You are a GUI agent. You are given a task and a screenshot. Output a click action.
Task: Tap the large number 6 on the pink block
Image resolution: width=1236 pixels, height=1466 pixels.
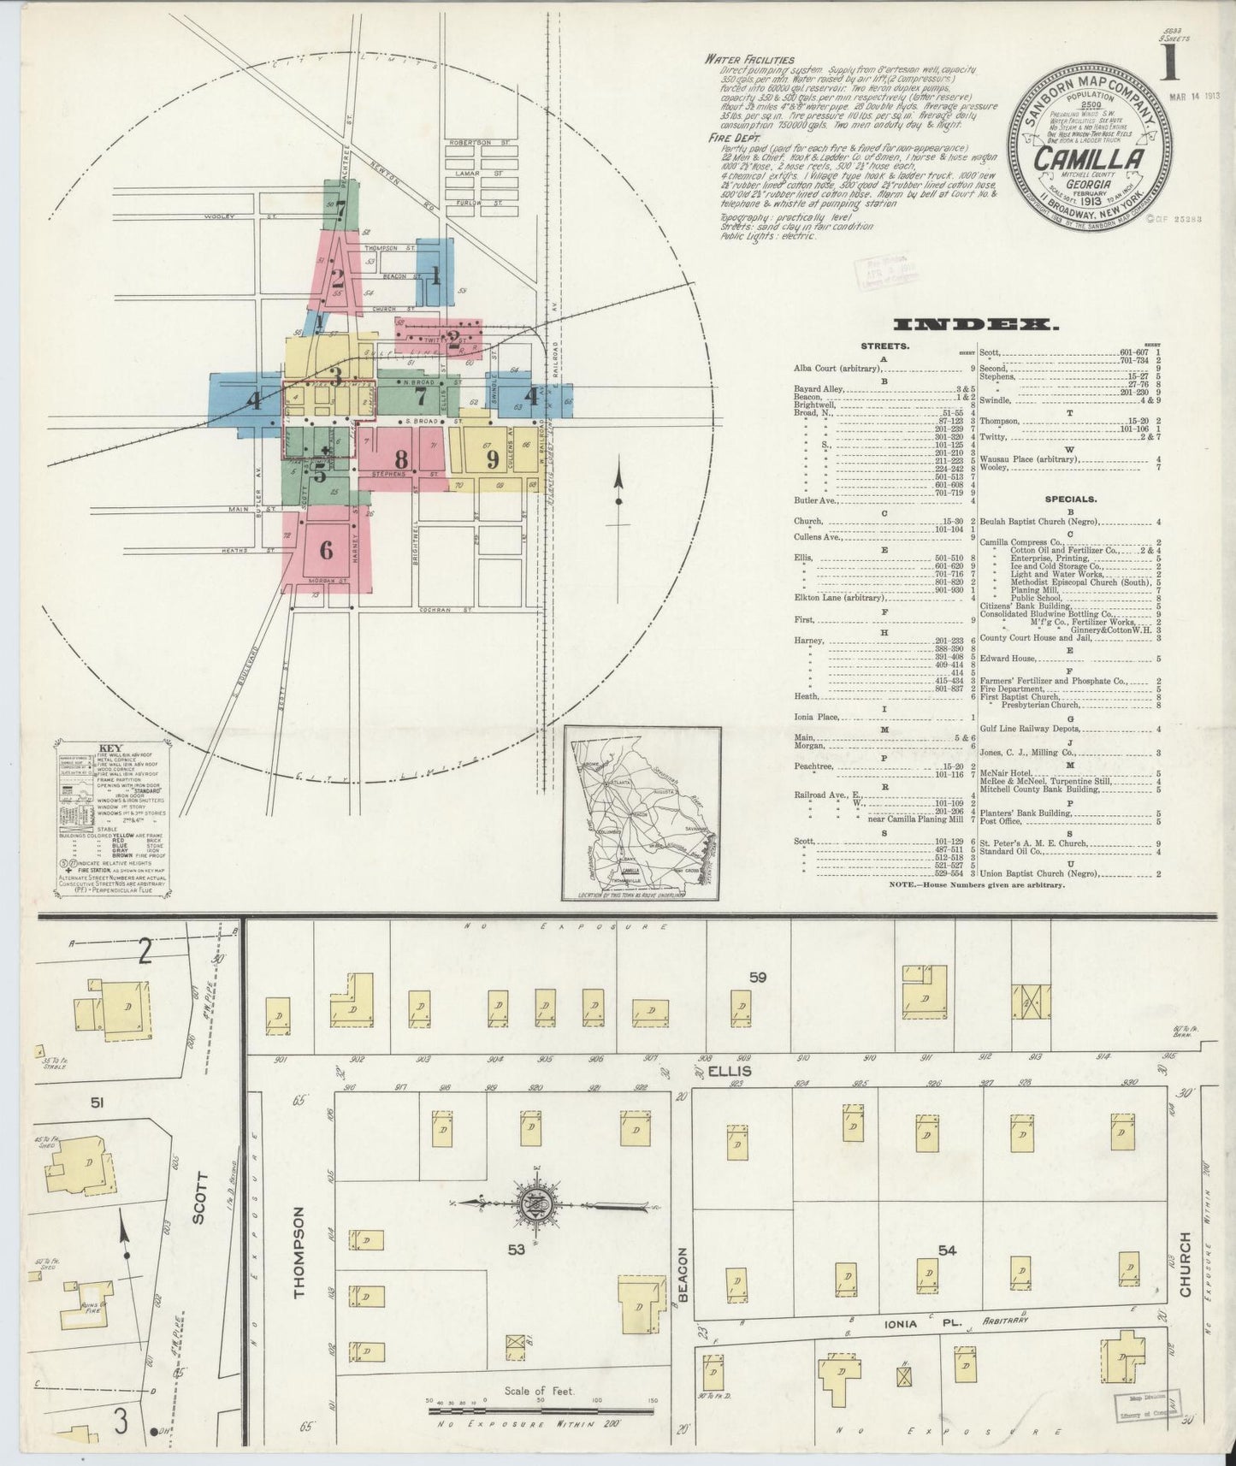326,550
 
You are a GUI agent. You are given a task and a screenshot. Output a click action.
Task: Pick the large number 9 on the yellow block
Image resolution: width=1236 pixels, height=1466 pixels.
492,459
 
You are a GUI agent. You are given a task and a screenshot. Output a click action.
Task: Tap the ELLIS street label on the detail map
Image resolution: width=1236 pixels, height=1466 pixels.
741,1070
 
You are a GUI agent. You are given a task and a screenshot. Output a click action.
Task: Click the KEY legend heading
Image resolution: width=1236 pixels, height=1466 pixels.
110,748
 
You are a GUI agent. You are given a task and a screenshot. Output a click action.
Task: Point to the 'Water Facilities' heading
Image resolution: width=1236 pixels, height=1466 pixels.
737,60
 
